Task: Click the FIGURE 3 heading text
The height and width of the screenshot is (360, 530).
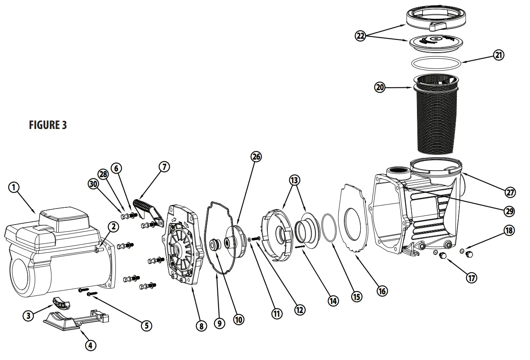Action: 48,125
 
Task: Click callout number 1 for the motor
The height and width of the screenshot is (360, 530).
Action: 14,187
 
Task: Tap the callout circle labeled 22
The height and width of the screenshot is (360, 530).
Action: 360,36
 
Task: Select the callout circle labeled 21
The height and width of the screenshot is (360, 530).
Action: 499,55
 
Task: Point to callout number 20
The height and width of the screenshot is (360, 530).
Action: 380,87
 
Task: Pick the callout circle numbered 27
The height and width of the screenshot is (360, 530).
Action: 510,192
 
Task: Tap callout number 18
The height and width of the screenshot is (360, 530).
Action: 509,230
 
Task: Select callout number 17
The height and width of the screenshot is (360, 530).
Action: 472,278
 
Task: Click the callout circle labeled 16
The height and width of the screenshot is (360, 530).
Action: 382,291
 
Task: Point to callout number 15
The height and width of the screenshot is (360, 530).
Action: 357,296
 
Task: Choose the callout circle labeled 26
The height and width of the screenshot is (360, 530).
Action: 256,156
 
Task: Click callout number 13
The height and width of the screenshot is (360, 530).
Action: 294,180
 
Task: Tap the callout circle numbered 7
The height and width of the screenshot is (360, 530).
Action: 164,167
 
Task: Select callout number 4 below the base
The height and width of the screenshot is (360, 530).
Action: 91,345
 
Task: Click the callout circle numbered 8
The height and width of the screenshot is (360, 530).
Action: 201,325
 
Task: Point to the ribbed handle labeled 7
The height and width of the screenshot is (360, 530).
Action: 144,206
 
